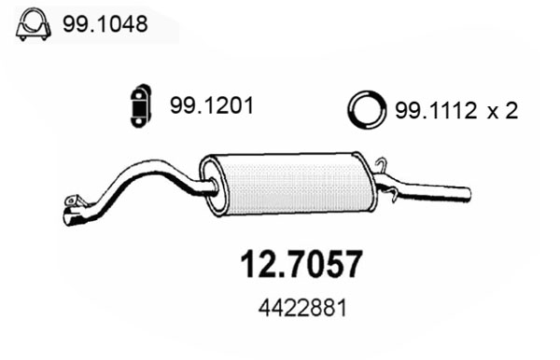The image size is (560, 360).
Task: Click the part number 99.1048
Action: pos(105,24)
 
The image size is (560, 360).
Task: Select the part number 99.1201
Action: pos(212,105)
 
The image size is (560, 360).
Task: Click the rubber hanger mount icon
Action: pos(141,106)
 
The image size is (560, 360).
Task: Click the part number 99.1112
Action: pos(436,110)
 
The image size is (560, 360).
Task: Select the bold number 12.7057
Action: pos(301,264)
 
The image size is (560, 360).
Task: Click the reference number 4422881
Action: pos(302,309)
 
